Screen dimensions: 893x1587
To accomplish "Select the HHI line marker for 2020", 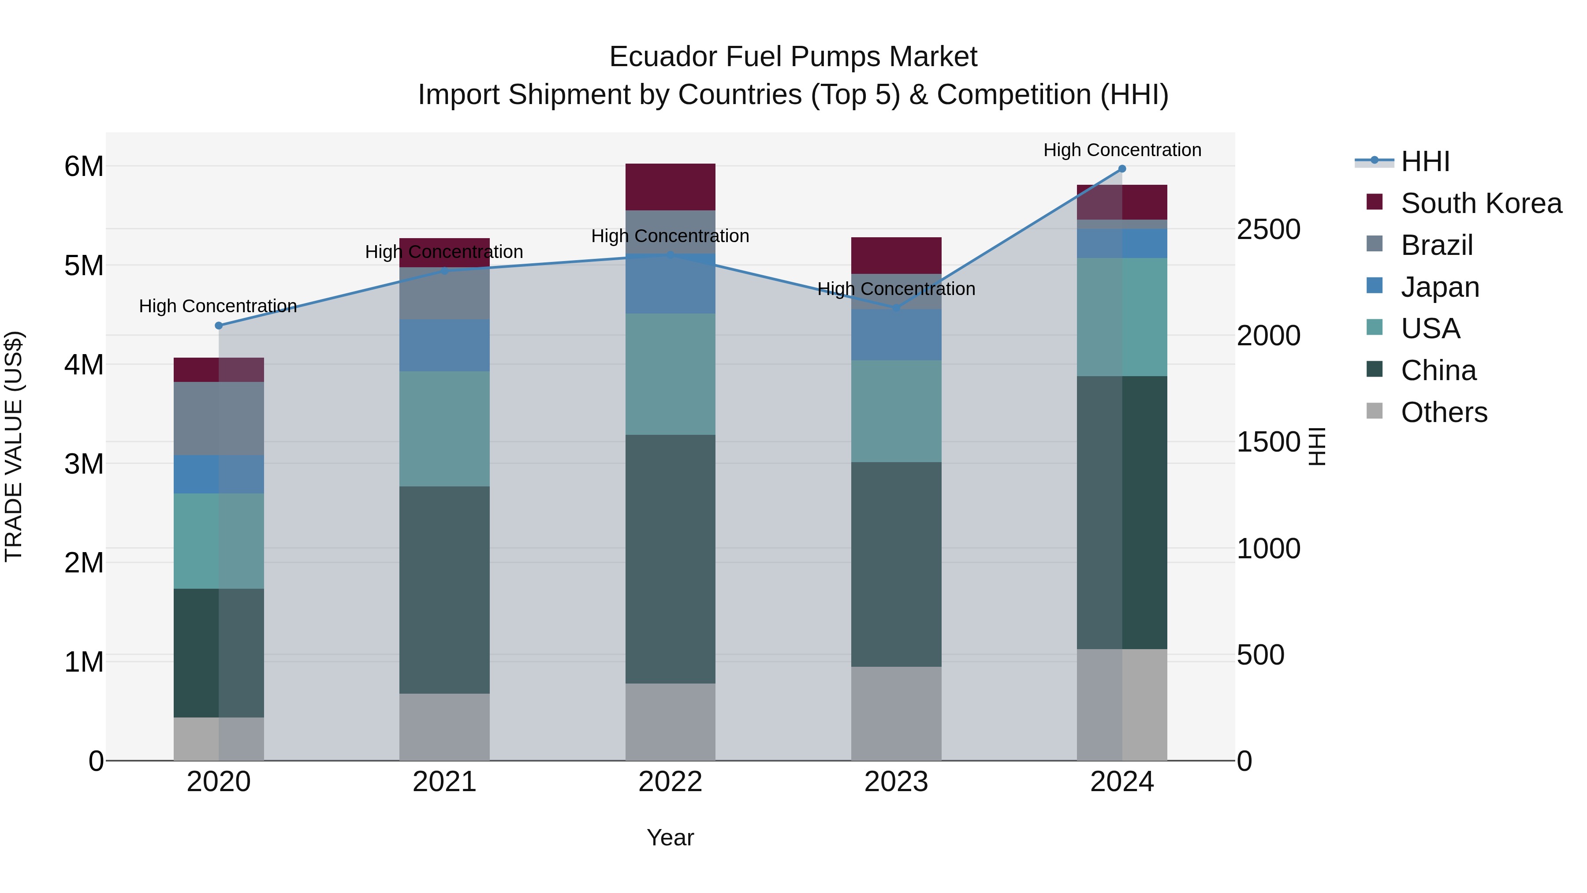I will (x=219, y=325).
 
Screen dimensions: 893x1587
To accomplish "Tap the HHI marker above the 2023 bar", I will (x=896, y=307).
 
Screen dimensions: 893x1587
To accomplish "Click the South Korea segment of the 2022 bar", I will (x=670, y=187).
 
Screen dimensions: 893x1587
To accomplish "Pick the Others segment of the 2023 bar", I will (x=896, y=713).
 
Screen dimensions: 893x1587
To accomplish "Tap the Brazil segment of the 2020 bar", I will (x=219, y=418).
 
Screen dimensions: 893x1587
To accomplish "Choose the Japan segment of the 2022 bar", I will (x=670, y=284).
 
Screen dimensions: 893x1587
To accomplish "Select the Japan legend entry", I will (x=1439, y=287).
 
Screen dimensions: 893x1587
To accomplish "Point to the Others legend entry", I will (x=1443, y=412).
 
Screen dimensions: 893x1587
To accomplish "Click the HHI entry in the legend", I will (x=1424, y=161).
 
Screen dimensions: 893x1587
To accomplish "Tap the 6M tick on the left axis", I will (x=84, y=166).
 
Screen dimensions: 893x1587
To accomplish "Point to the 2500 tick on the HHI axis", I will (x=1268, y=229).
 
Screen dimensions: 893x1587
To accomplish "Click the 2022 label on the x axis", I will (x=670, y=782).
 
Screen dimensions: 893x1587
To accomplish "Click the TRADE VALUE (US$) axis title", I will (x=14, y=446).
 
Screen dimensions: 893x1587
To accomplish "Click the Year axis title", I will (x=670, y=837).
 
